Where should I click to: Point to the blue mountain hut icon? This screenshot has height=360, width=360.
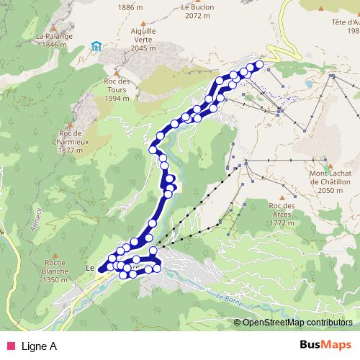96,48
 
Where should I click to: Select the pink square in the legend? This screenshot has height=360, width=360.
9,346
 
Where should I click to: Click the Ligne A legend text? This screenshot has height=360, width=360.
40,346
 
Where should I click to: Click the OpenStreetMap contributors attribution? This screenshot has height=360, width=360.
297,323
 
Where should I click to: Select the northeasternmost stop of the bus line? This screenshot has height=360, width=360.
258,65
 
